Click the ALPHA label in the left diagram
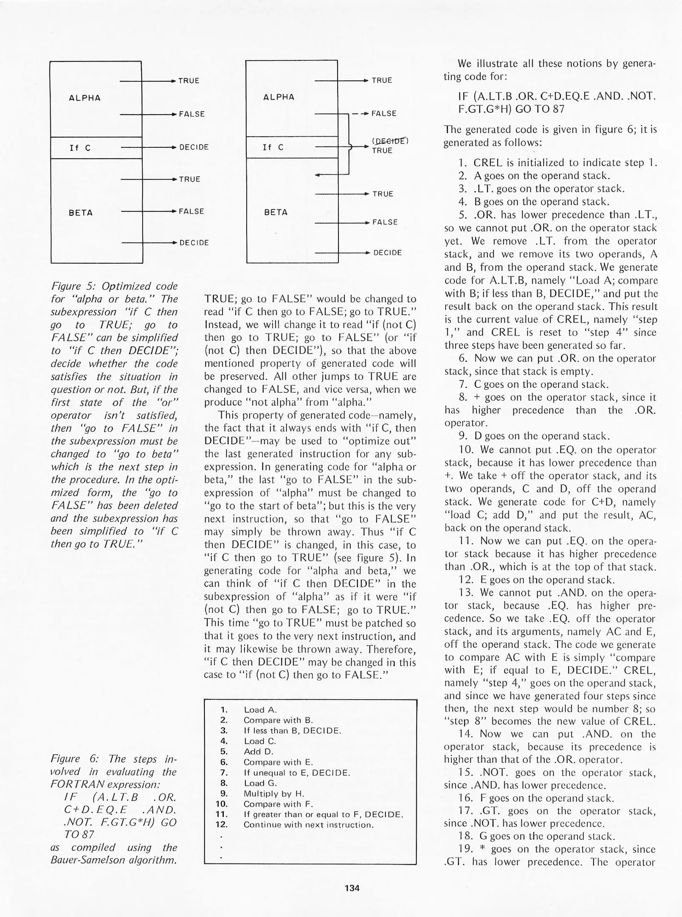[x=85, y=98]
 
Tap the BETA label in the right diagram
[x=276, y=212]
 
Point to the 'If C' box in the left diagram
[x=96, y=148]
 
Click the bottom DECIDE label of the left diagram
[x=194, y=243]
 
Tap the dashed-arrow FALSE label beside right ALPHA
[x=384, y=113]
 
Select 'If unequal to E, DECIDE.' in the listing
[x=296, y=773]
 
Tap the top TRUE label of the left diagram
[x=189, y=81]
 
